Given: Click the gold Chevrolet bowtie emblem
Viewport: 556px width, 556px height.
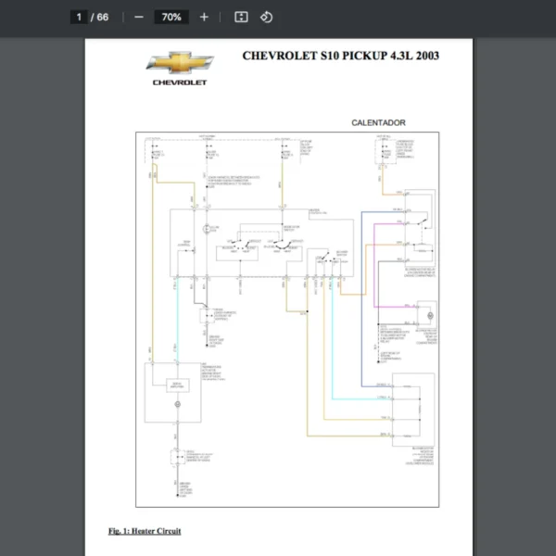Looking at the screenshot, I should pos(180,63).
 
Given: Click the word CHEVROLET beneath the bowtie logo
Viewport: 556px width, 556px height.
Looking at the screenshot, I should pos(180,82).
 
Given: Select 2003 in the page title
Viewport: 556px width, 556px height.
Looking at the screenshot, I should pos(427,56).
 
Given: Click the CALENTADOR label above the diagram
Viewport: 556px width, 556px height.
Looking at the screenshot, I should pos(378,122).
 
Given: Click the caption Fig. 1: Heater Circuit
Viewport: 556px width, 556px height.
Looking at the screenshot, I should pos(145,531).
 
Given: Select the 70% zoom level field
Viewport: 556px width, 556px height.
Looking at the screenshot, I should pos(171,17).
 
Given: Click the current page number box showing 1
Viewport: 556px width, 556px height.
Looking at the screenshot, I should pos(81,17).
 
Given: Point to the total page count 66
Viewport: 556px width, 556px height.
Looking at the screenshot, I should pos(102,17).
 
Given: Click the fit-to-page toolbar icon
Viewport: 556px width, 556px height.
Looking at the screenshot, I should pos(241,17).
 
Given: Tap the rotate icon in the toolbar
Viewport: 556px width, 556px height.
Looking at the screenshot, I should pos(266,17).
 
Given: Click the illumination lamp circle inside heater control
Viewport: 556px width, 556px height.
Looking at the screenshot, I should pos(206,228).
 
